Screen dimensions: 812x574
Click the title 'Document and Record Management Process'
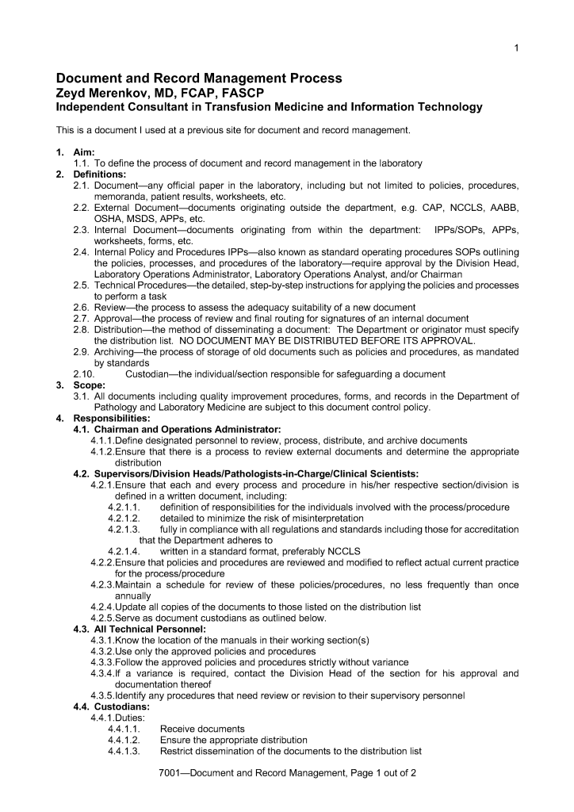coord(198,79)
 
